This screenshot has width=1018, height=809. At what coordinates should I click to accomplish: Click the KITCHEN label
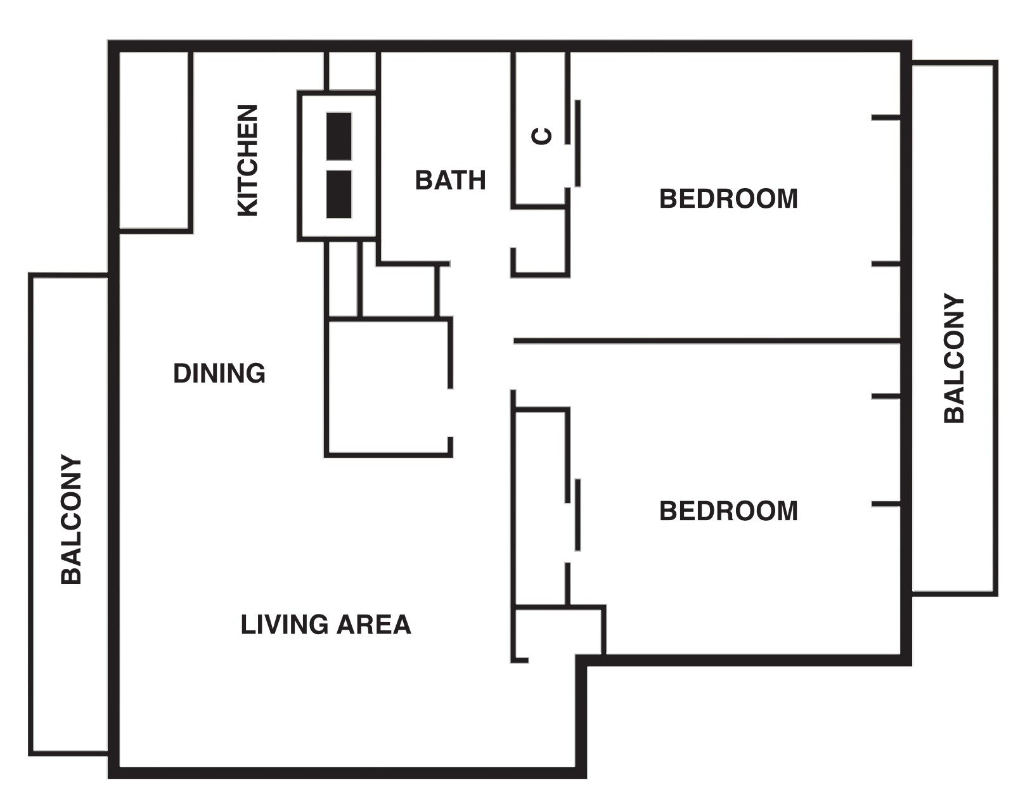pyautogui.click(x=248, y=161)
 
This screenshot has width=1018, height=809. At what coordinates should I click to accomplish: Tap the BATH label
pyautogui.click(x=450, y=181)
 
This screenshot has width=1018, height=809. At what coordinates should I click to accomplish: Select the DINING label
pyautogui.click(x=219, y=373)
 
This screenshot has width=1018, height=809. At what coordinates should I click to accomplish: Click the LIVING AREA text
pyautogui.click(x=326, y=625)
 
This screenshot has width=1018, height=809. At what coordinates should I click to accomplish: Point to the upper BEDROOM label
pyautogui.click(x=728, y=199)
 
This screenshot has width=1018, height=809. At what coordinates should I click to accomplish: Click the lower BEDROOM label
pyautogui.click(x=728, y=511)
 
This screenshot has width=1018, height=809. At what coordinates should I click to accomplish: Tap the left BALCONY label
pyautogui.click(x=71, y=519)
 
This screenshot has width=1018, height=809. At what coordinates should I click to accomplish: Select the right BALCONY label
pyautogui.click(x=953, y=359)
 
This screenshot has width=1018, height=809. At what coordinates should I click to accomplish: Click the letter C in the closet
pyautogui.click(x=543, y=136)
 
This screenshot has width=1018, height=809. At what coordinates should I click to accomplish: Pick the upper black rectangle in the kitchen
pyautogui.click(x=339, y=136)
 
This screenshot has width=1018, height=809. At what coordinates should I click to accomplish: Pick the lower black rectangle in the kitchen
pyautogui.click(x=339, y=194)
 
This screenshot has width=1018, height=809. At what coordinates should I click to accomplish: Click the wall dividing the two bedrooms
pyautogui.click(x=707, y=341)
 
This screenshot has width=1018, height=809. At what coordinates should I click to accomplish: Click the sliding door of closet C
pyautogui.click(x=578, y=143)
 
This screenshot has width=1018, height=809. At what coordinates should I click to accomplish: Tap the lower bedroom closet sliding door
pyautogui.click(x=578, y=514)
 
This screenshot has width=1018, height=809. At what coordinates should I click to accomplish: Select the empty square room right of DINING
pyautogui.click(x=388, y=386)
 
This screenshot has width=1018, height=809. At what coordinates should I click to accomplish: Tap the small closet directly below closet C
pyautogui.click(x=539, y=241)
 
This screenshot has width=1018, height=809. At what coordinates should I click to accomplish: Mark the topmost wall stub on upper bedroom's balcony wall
pyautogui.click(x=886, y=117)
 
